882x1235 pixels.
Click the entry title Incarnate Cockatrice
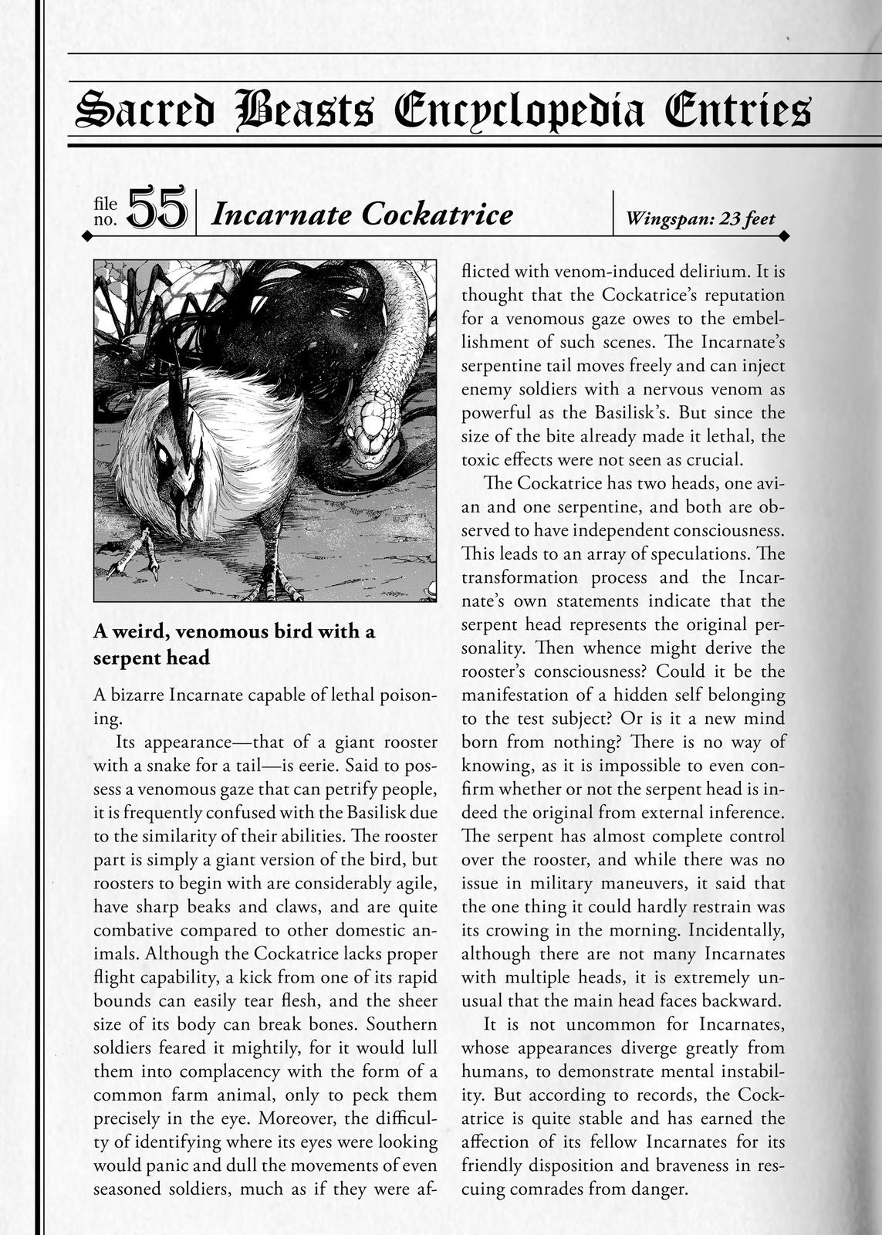362,215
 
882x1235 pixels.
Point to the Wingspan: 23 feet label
701,219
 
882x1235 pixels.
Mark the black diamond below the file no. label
87,235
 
